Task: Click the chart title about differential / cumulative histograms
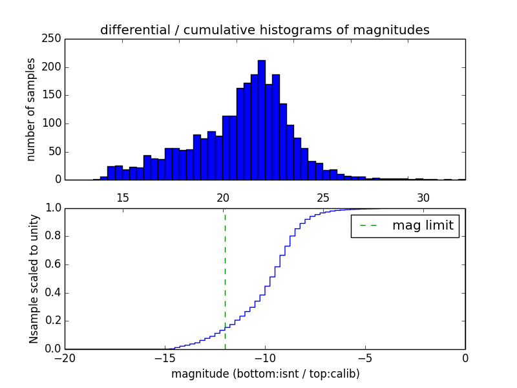point(264,30)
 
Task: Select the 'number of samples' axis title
point(31,109)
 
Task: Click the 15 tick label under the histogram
point(122,198)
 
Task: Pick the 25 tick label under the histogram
point(323,198)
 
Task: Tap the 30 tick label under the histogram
point(423,198)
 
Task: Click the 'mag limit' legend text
point(423,226)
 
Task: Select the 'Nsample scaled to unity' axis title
point(34,279)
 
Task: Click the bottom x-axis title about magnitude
point(265,374)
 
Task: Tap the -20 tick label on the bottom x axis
point(65,358)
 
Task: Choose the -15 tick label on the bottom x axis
point(165,358)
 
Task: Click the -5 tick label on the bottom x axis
point(365,358)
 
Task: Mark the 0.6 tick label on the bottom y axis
point(52,264)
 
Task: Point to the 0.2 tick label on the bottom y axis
point(52,321)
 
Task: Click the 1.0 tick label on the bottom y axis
point(52,208)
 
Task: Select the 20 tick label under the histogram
point(223,198)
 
